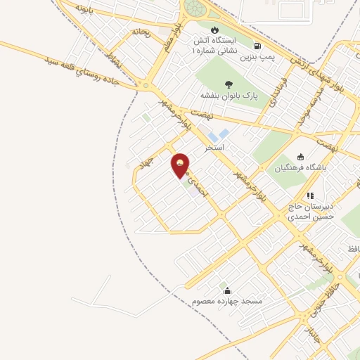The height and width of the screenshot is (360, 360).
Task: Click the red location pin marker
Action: (x=181, y=166)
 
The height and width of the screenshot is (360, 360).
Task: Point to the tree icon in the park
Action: (x=229, y=84)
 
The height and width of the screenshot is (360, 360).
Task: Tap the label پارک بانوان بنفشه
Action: (x=229, y=96)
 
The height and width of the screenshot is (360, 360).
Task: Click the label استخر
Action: (x=214, y=148)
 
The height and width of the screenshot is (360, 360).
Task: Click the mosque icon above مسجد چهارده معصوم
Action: (x=227, y=290)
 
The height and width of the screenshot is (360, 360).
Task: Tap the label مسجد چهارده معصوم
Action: (x=227, y=302)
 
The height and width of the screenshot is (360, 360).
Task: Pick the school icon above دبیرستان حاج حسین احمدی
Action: (x=309, y=196)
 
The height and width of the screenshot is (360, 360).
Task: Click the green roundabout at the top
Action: (x=195, y=9)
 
